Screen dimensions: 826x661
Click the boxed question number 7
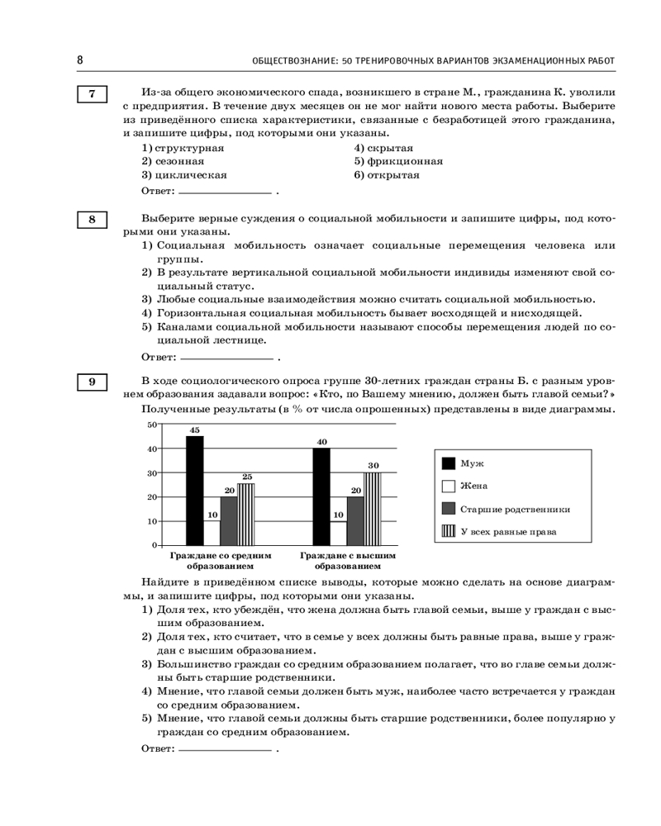[92, 94]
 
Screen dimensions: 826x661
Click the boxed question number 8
[92, 220]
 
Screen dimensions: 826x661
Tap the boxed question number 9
[92, 381]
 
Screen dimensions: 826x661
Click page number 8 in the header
[79, 60]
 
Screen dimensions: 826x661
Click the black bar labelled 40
[321, 496]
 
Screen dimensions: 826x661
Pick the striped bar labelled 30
[373, 509]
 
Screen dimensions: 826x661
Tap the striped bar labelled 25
[246, 515]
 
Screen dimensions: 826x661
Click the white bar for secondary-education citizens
[212, 533]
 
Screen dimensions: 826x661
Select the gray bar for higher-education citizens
[355, 520]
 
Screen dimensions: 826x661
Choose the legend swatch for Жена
[448, 486]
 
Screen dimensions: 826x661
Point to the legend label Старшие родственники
[515, 509]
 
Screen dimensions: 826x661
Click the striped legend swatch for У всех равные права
[448, 531]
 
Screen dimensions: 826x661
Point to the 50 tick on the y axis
[151, 425]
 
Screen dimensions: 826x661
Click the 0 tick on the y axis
[153, 545]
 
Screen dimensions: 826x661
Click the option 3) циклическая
[184, 175]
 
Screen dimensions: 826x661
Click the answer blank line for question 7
[226, 192]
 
